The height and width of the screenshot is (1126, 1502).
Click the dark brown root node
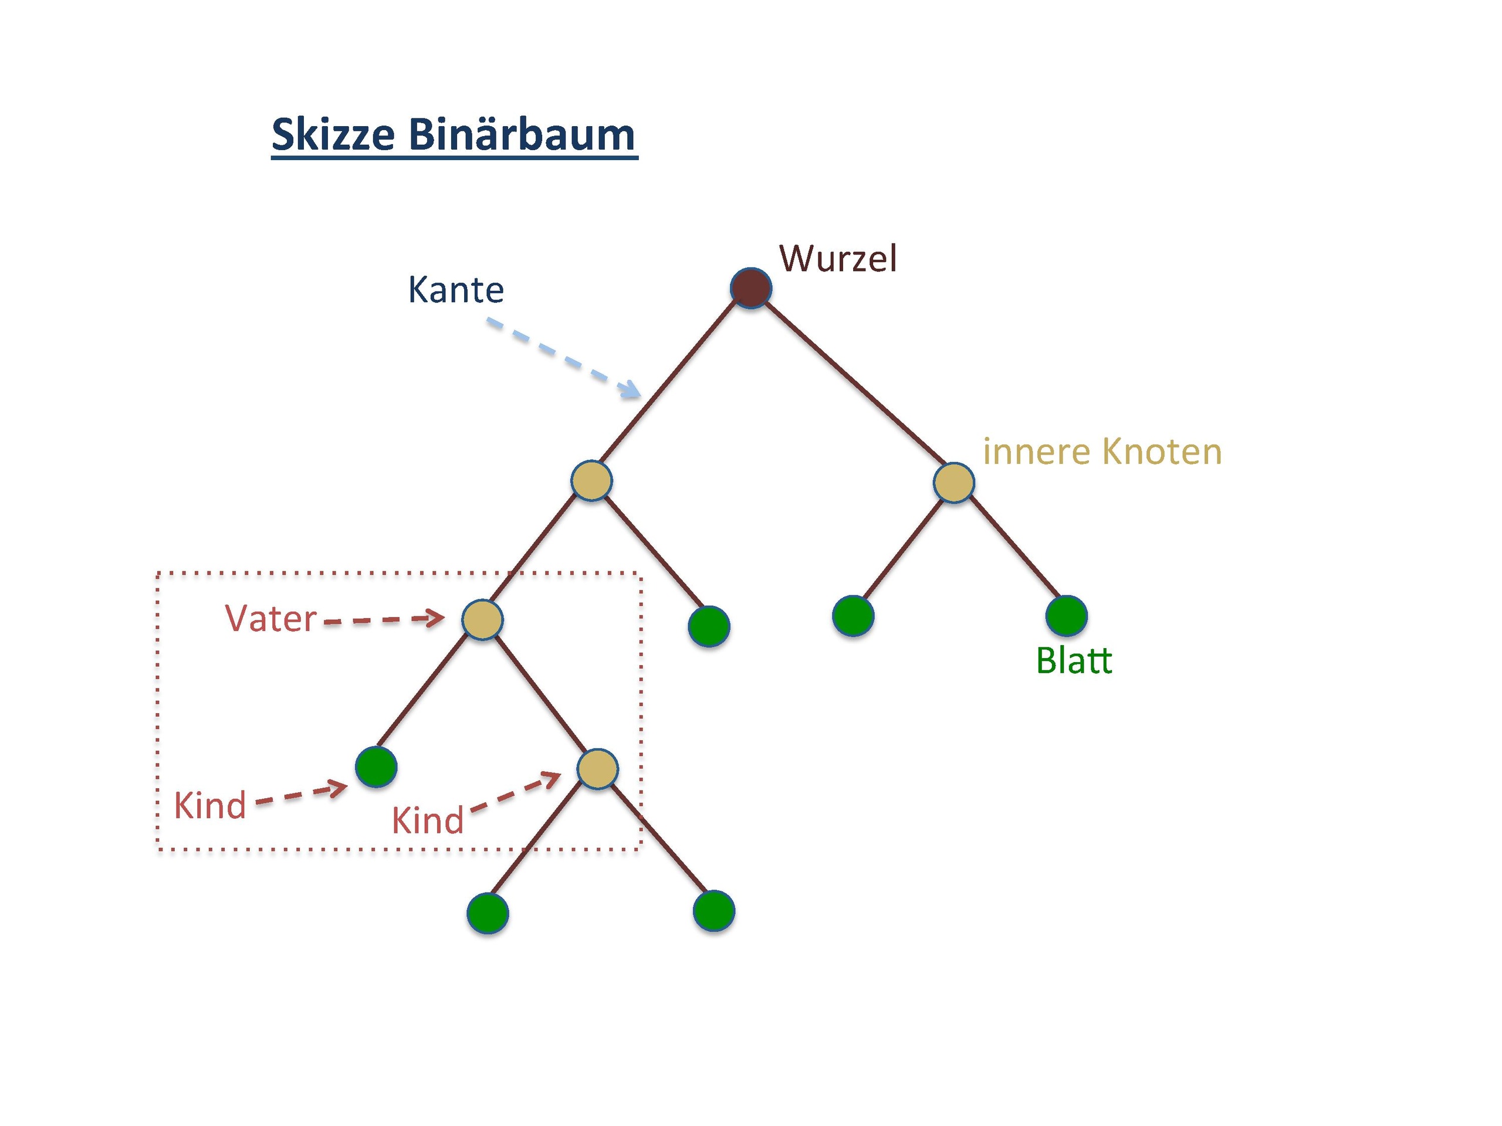(x=750, y=289)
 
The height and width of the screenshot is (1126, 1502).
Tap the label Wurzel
(x=838, y=259)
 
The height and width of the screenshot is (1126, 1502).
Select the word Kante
(x=456, y=290)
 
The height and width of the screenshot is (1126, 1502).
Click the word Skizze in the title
(x=333, y=134)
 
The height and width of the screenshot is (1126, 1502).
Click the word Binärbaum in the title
(x=522, y=134)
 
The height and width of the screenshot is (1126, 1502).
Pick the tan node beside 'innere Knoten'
(x=953, y=483)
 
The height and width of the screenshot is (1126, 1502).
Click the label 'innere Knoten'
(x=1101, y=452)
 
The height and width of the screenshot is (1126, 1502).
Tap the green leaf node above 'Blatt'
(x=1066, y=616)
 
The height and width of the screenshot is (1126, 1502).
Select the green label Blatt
(x=1074, y=660)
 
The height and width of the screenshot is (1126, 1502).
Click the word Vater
(x=270, y=619)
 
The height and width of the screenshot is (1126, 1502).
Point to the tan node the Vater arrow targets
(x=482, y=619)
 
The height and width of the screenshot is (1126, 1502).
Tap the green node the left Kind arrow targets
(x=376, y=767)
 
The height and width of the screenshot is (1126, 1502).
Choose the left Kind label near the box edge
(x=210, y=806)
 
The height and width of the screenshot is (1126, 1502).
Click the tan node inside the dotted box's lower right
(x=597, y=769)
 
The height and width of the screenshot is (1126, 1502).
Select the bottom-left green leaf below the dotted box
(x=488, y=913)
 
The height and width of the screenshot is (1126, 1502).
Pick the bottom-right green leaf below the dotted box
(x=713, y=910)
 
